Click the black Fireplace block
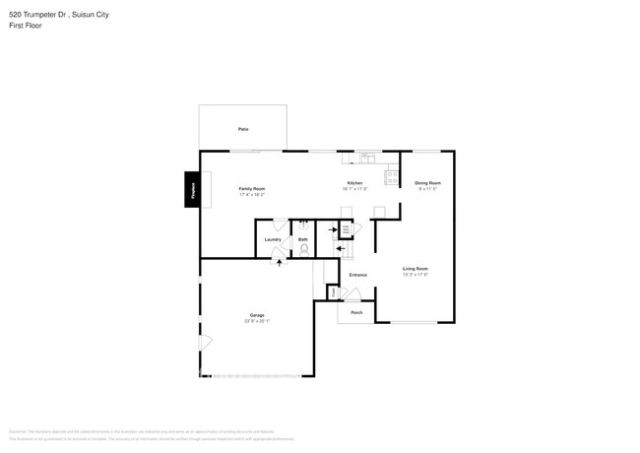(x=193, y=189)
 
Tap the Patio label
(x=242, y=129)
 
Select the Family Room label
(x=252, y=188)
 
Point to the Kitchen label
(x=354, y=183)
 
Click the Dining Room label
(x=427, y=183)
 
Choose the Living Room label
(x=415, y=268)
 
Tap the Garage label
(x=256, y=315)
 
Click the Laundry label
(x=274, y=239)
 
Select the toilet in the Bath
(x=303, y=248)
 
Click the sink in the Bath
(x=303, y=226)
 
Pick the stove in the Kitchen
(x=392, y=178)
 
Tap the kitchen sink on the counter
(x=367, y=156)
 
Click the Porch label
(x=356, y=312)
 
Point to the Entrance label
(x=357, y=275)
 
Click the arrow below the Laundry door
(x=280, y=263)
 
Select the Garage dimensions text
(x=256, y=321)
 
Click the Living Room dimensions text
(x=415, y=274)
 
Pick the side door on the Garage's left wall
(x=205, y=342)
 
